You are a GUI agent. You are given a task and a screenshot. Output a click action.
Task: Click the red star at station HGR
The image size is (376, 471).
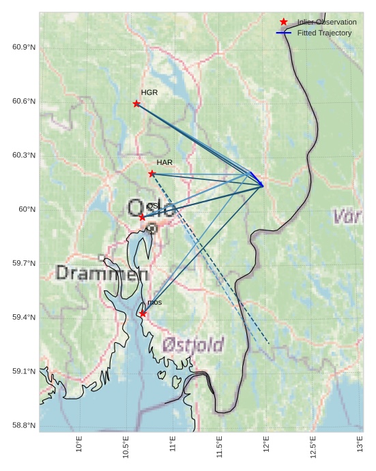(136, 104)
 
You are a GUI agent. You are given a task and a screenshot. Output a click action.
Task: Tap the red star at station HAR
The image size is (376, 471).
(151, 174)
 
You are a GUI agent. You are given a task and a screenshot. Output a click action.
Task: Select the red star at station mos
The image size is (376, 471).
(143, 314)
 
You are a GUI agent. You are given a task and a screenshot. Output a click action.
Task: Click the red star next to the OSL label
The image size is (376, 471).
(142, 217)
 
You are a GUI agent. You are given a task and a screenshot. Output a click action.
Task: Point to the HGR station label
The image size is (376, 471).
(149, 92)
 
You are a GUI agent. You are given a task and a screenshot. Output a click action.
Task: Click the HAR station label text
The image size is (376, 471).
(164, 162)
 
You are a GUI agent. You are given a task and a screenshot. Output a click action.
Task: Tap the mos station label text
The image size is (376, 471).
(154, 302)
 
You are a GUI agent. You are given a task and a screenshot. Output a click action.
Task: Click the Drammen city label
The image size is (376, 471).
(102, 274)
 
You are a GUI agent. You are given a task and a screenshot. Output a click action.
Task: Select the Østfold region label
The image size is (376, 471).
(193, 344)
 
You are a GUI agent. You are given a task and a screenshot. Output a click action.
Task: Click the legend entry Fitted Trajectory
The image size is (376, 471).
(324, 33)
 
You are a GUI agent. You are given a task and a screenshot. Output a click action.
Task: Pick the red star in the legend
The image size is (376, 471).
(284, 22)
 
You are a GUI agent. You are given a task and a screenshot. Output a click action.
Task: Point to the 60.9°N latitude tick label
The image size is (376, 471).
(23, 47)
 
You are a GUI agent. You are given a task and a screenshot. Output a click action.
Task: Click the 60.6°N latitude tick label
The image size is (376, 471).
(23, 102)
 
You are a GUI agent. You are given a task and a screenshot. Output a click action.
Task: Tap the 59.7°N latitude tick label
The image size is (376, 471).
(23, 263)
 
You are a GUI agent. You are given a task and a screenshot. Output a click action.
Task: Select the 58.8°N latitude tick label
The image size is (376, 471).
(23, 425)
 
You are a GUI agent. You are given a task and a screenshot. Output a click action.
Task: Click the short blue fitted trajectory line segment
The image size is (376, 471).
(257, 179)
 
